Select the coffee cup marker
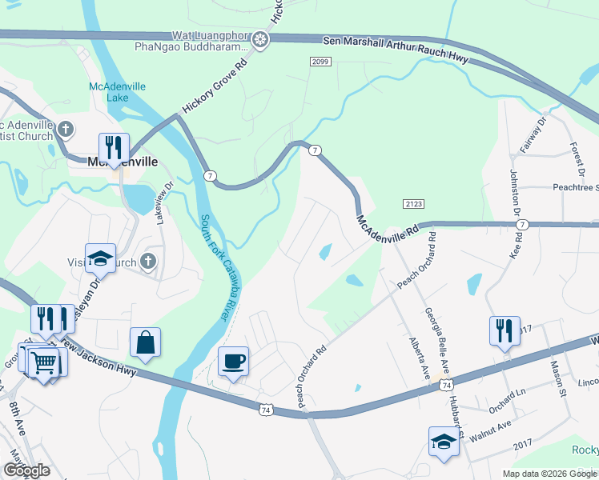click(x=233, y=361)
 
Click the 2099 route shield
click(x=320, y=62)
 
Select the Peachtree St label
click(x=576, y=187)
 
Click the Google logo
click(x=26, y=470)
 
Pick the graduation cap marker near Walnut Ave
click(x=444, y=441)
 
